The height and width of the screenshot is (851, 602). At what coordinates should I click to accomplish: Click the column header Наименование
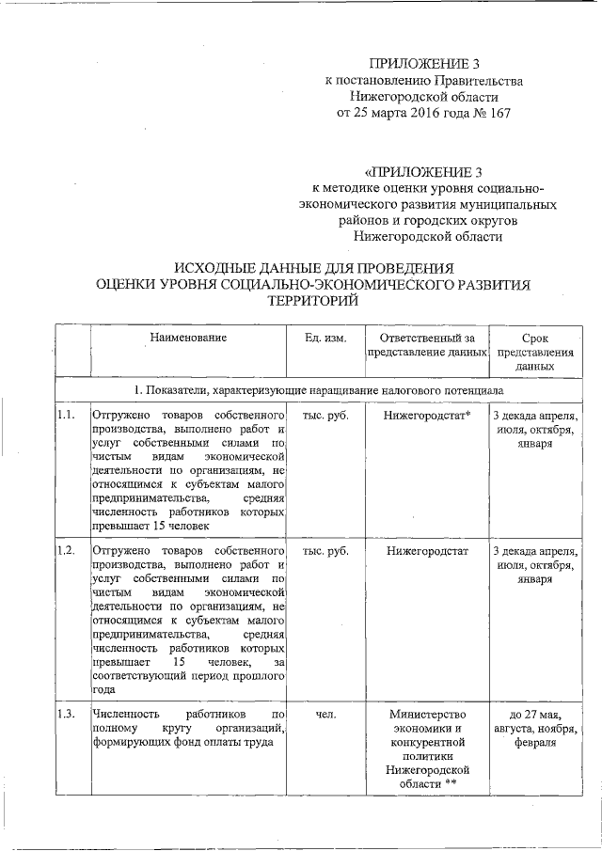point(187,338)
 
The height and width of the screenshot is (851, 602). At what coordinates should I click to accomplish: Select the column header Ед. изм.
point(325,338)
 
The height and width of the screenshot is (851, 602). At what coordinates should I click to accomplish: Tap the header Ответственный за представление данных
point(426,344)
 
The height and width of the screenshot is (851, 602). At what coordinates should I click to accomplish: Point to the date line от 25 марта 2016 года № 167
point(419,114)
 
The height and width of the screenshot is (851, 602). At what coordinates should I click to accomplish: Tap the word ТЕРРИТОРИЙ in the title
point(316,299)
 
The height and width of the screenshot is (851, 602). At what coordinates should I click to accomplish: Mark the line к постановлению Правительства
point(419,81)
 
